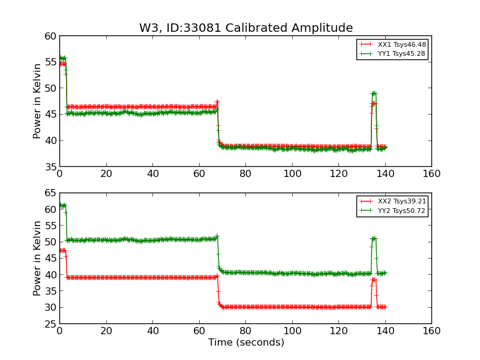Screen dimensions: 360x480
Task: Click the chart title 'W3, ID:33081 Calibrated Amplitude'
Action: (x=246, y=28)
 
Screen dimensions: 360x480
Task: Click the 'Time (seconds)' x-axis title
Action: (x=246, y=343)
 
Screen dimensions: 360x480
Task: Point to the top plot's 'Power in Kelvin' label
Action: (x=38, y=101)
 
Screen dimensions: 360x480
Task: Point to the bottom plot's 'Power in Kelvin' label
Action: (x=38, y=258)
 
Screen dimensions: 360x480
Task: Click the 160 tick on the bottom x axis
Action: (x=431, y=331)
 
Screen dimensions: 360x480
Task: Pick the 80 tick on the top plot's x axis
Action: (x=245, y=174)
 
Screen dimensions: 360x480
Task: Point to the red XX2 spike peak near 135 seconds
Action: (x=373, y=280)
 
